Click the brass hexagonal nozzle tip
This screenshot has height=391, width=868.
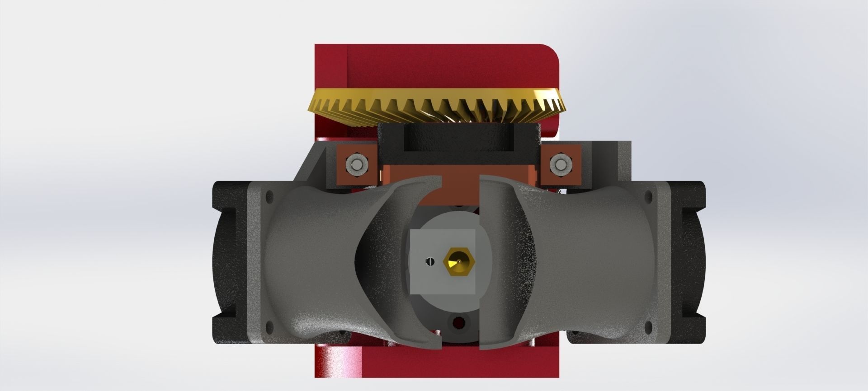[458, 262]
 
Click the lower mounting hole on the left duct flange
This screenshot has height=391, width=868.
[270, 324]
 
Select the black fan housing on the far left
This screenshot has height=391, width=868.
[228, 262]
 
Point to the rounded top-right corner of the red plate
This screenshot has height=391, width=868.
[552, 51]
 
